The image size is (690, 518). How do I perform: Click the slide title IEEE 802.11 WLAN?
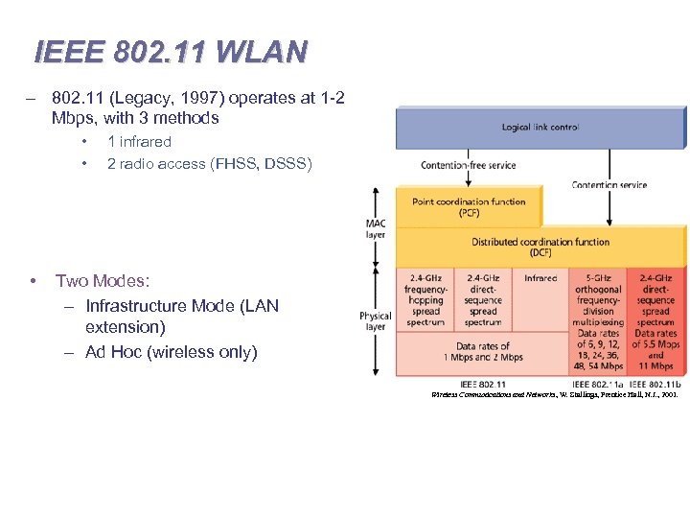(171, 51)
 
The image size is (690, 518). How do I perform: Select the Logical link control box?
(540, 127)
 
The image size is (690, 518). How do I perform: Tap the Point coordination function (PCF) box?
(469, 207)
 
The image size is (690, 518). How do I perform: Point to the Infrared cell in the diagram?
(540, 278)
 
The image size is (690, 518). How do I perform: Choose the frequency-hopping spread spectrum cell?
(425, 299)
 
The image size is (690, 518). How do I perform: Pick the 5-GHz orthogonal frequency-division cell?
(598, 299)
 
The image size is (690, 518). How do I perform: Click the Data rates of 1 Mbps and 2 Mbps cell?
(483, 351)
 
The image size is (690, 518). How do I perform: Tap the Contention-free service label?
(469, 165)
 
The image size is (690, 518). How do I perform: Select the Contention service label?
(609, 184)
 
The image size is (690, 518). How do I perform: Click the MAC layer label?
(376, 230)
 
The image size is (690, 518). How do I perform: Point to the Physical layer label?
(376, 320)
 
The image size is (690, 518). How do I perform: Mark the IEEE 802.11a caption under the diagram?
(598, 383)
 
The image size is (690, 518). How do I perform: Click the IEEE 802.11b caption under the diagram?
(655, 383)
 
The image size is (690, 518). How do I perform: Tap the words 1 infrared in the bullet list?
(139, 142)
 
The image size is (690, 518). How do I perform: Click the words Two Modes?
(103, 281)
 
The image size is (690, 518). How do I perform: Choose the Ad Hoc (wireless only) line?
(171, 352)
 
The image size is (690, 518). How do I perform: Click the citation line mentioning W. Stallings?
(555, 394)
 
